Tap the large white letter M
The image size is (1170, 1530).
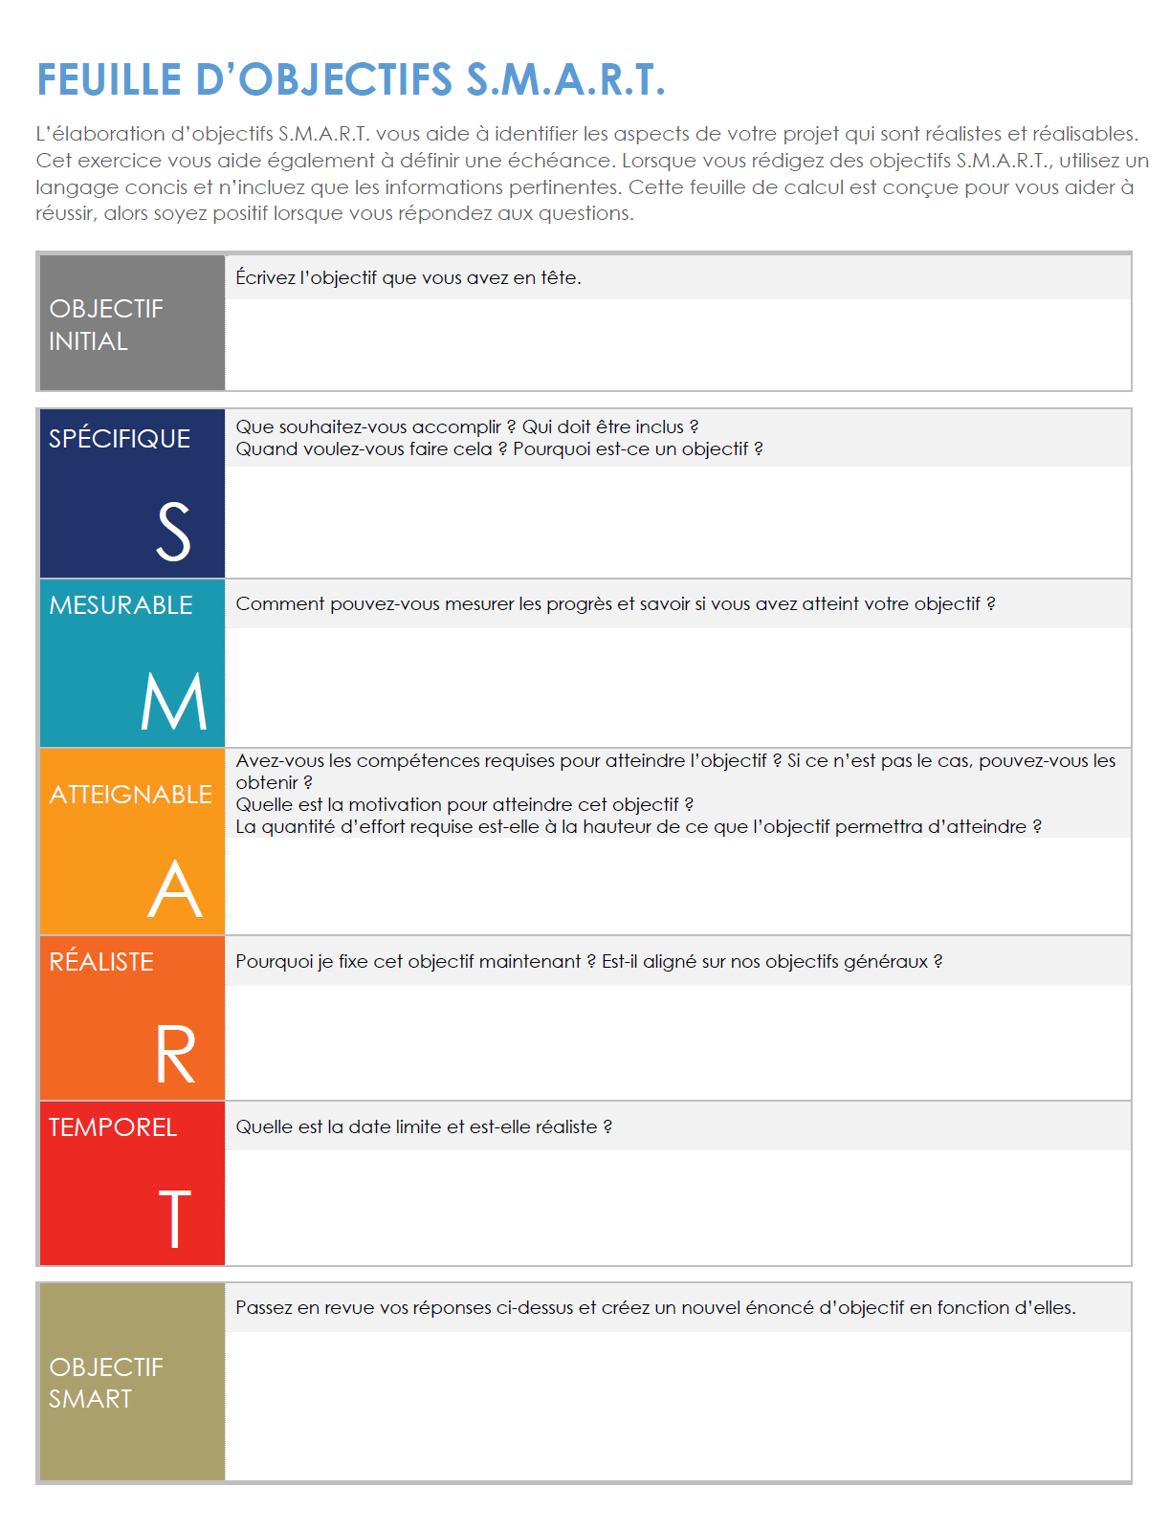pos(173,701)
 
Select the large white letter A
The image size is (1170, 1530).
pos(175,888)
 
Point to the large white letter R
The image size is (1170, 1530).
pos(175,1055)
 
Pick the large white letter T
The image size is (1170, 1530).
pos(174,1219)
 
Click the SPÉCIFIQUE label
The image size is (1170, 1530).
pos(120,439)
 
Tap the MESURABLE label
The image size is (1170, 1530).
pos(121,605)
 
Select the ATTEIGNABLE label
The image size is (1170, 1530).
pos(130,795)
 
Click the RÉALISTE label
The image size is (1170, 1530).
pos(101,962)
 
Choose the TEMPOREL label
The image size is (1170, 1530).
pos(113,1127)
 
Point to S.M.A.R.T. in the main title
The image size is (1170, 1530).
pos(564,80)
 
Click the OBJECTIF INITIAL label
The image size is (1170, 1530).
pos(105,325)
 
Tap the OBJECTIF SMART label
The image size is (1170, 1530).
pos(105,1383)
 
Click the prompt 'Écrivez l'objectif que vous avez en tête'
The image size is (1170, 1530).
pos(408,278)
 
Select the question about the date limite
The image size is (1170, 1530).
pos(424,1127)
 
